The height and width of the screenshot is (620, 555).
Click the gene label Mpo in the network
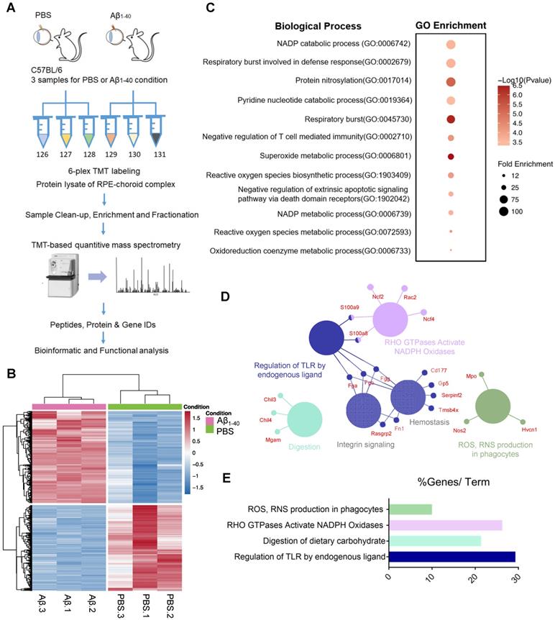(472, 375)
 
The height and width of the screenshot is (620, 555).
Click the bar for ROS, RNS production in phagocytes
(410, 509)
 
